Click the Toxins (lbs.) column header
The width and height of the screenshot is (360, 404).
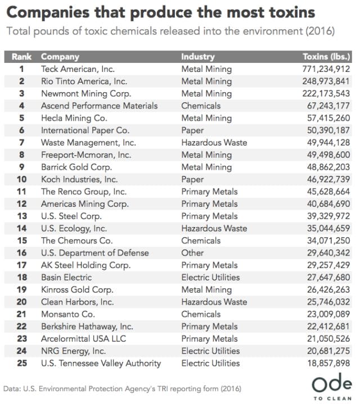327,57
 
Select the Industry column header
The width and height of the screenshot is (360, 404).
198,57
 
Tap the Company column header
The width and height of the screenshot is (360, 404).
60,57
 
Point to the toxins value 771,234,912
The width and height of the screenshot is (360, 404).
326,69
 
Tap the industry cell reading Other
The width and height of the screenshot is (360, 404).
192,253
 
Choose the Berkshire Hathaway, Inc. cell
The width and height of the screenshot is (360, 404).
87,326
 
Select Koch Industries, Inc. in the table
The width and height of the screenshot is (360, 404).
79,179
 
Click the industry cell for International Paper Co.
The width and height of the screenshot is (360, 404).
193,130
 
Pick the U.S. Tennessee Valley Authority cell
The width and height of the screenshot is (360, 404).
101,363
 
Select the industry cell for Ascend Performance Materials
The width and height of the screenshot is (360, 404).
201,106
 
